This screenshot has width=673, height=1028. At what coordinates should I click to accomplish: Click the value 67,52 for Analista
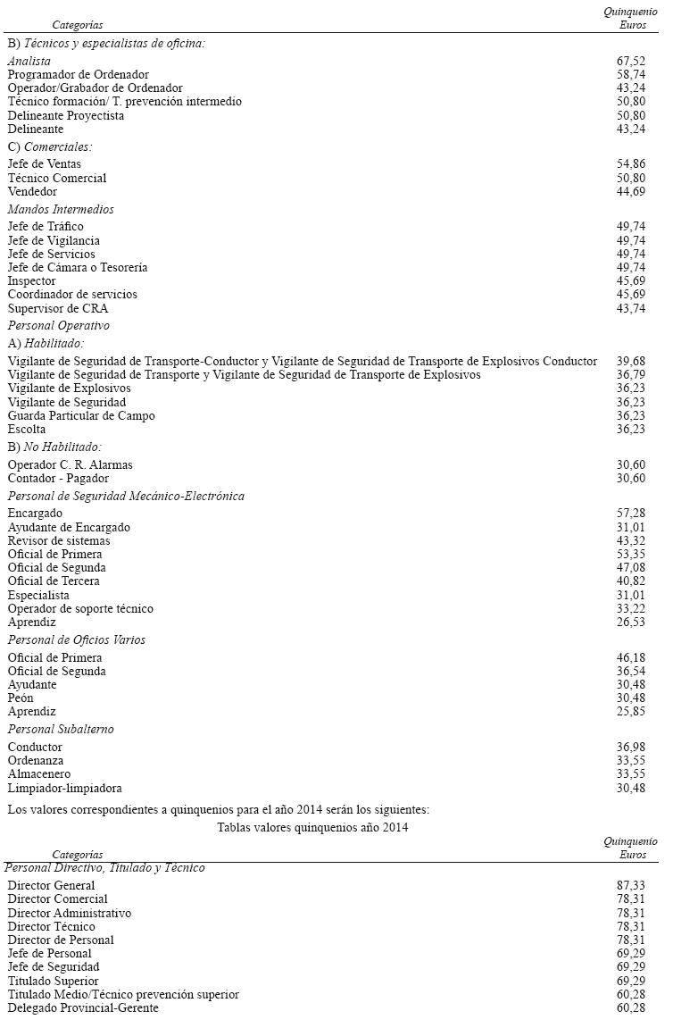pyautogui.click(x=630, y=61)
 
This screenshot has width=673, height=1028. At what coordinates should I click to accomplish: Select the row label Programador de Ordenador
pyautogui.click(x=79, y=75)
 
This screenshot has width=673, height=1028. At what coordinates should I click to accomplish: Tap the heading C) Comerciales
pyautogui.click(x=50, y=146)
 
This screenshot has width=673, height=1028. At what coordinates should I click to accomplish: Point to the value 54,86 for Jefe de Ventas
pyautogui.click(x=630, y=164)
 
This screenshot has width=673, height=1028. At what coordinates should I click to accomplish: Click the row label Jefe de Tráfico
pyautogui.click(x=46, y=227)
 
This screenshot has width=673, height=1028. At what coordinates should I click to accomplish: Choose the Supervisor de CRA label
pyautogui.click(x=58, y=308)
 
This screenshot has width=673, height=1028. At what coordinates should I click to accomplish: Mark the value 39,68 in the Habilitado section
pyautogui.click(x=630, y=361)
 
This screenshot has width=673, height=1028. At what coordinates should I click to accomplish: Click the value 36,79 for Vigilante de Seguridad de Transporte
pyautogui.click(x=630, y=375)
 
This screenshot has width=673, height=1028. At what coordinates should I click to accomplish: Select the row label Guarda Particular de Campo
pyautogui.click(x=81, y=416)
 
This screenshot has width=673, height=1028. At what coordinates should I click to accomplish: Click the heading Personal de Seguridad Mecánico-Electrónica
pyautogui.click(x=126, y=497)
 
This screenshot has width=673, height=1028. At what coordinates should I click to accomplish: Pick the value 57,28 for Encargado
pyautogui.click(x=630, y=514)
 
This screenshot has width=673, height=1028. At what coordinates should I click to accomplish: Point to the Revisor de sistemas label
pyautogui.click(x=59, y=541)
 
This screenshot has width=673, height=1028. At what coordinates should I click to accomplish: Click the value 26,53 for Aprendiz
pyautogui.click(x=630, y=623)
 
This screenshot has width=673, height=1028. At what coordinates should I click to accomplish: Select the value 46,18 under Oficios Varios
pyautogui.click(x=630, y=658)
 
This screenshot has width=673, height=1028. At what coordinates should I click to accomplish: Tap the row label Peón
pyautogui.click(x=21, y=698)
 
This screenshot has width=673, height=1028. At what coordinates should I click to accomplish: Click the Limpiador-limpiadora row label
pyautogui.click(x=65, y=789)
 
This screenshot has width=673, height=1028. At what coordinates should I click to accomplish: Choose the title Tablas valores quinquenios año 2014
pyautogui.click(x=312, y=828)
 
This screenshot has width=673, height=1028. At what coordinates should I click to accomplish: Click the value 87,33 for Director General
pyautogui.click(x=630, y=886)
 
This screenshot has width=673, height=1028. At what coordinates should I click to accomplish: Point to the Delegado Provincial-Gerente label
pyautogui.click(x=83, y=1008)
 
